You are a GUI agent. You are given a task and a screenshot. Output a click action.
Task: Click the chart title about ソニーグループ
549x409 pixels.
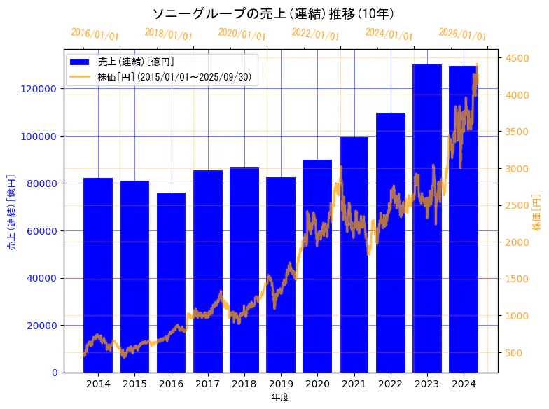coord(274,13)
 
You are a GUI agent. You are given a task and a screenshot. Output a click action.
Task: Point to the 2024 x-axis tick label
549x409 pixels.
coord(464,384)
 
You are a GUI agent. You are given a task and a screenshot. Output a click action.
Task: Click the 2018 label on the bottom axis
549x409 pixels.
coord(244,384)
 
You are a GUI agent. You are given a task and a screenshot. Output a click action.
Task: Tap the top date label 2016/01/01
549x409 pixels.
coord(95,34)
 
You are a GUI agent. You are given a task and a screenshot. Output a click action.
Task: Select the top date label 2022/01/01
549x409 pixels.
coord(316,34)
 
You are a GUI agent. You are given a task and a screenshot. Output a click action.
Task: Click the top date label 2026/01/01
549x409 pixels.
coord(462,34)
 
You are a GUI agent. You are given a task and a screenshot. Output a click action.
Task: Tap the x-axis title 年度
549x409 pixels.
coord(281,397)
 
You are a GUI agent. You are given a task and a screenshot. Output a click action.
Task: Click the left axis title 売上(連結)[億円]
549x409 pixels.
coord(12,211)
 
